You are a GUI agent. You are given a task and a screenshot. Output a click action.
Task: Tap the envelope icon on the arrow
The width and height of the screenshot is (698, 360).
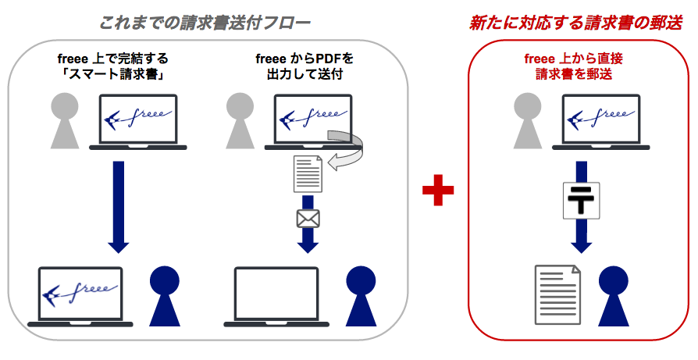tap(308, 218)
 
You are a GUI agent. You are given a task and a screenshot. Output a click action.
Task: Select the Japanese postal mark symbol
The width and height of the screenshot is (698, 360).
tap(579, 200)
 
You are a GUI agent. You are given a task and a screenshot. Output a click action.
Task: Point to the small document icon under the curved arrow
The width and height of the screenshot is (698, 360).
tap(308, 173)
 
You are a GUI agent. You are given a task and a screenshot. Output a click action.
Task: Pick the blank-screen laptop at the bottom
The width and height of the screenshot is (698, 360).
tap(277, 297)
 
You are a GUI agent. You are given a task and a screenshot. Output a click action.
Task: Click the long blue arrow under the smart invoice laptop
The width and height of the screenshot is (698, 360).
tap(118, 206)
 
